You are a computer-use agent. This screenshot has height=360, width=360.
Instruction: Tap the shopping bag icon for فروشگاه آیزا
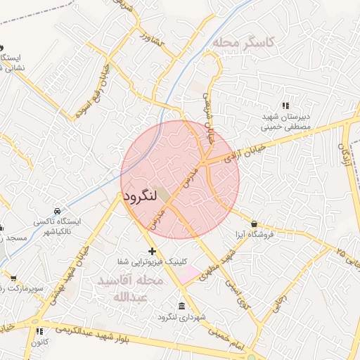coord(253,224)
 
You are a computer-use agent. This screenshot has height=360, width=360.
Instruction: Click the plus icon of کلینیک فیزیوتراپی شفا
coord(151,251)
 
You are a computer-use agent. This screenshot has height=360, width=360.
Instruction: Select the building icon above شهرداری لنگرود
coord(182,307)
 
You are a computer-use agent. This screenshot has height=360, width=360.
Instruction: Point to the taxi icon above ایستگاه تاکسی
coord(57,211)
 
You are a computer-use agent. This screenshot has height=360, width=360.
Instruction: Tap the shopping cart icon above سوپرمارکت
coord(12,278)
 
